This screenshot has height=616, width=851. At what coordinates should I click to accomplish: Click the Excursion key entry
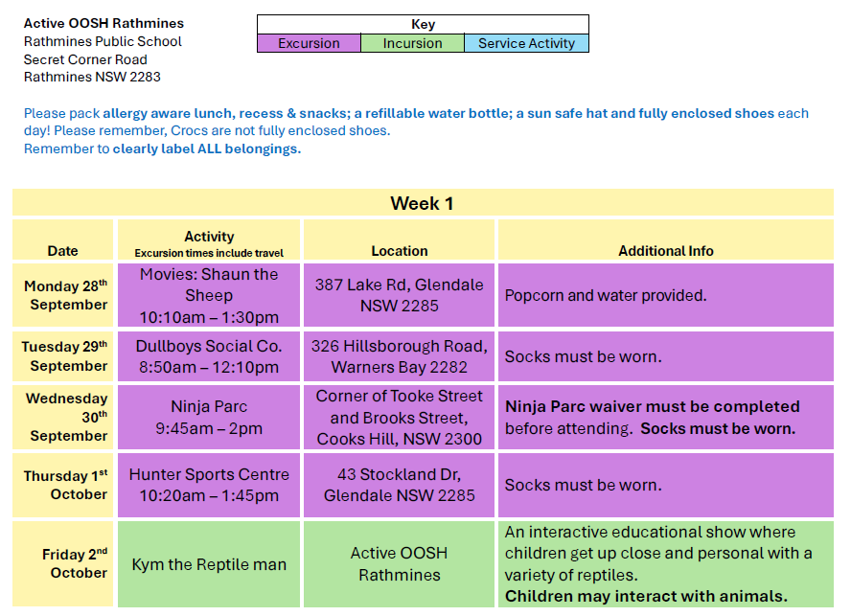(x=309, y=43)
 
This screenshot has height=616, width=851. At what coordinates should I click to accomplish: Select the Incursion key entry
(x=412, y=43)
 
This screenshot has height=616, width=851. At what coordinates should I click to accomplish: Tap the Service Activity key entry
(x=526, y=43)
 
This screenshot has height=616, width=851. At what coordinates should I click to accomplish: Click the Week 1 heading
(x=422, y=203)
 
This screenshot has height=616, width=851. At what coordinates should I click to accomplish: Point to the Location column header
(x=400, y=251)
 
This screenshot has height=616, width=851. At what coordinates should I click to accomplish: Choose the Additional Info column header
(x=666, y=251)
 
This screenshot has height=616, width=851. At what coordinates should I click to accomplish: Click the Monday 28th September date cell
(x=63, y=295)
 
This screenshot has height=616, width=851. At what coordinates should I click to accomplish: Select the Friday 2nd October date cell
(x=63, y=564)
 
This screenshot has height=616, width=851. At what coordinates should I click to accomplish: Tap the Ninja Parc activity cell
(x=209, y=418)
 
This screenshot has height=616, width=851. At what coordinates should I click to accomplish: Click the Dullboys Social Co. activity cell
(x=209, y=356)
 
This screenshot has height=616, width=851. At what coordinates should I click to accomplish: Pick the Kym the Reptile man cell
(x=209, y=564)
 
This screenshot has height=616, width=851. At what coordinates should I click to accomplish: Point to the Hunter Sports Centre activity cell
(x=209, y=485)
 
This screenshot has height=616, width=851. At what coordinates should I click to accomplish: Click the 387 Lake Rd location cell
(x=400, y=295)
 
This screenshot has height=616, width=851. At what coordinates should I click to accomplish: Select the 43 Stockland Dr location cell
(x=400, y=485)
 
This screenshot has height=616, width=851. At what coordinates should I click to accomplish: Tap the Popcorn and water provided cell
(x=666, y=295)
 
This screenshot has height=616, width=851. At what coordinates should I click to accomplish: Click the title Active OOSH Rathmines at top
(x=103, y=23)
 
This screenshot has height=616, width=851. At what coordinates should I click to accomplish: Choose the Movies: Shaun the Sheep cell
(x=209, y=295)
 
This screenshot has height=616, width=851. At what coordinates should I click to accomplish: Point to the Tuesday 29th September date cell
(x=63, y=356)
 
